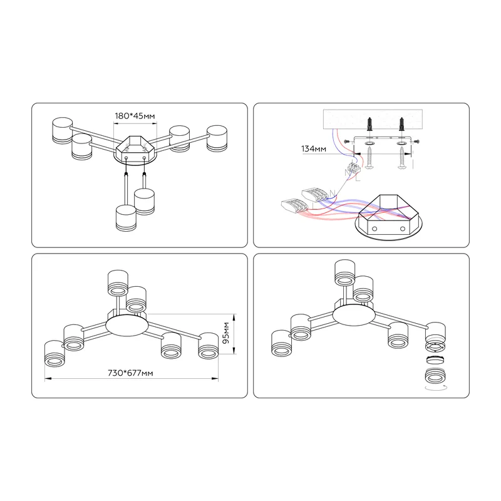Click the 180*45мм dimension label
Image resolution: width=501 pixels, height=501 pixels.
135,116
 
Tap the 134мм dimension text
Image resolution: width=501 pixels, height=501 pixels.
314,149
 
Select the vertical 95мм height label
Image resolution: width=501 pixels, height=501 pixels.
226,333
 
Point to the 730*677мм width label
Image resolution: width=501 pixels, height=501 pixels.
130,373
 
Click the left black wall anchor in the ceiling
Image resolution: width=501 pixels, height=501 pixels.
369,124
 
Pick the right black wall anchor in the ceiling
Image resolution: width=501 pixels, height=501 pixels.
401,124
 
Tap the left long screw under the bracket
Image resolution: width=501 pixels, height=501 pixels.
369,158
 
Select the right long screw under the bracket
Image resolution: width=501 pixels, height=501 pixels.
401,158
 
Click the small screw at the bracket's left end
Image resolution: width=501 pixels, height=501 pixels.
347,142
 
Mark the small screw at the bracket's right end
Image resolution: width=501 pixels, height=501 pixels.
416,142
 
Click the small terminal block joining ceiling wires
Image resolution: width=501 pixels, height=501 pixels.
354,168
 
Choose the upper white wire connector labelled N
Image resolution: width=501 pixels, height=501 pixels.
315,195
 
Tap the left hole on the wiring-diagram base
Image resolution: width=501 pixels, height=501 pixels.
374,229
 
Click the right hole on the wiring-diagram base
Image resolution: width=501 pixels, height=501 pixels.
403,229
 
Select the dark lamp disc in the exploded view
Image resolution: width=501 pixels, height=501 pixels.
435,360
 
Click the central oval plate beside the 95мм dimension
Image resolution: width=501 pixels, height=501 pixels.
127,325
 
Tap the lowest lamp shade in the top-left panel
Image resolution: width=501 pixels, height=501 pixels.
127,218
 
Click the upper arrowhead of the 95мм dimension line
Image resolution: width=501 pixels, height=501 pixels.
234,317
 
